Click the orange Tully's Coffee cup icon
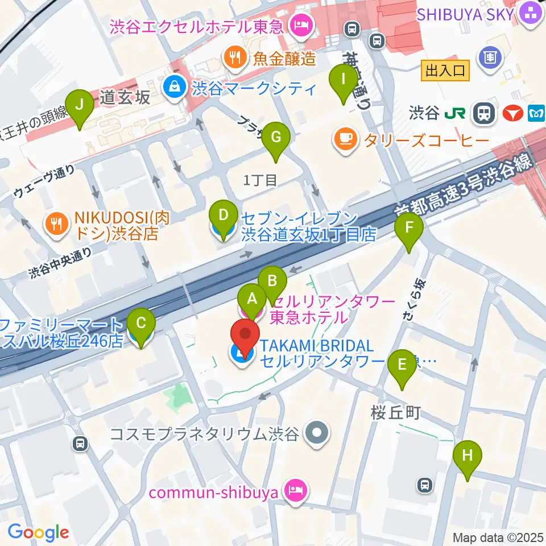346,138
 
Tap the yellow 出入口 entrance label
445,71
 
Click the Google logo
39,532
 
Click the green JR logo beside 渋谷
457,113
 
